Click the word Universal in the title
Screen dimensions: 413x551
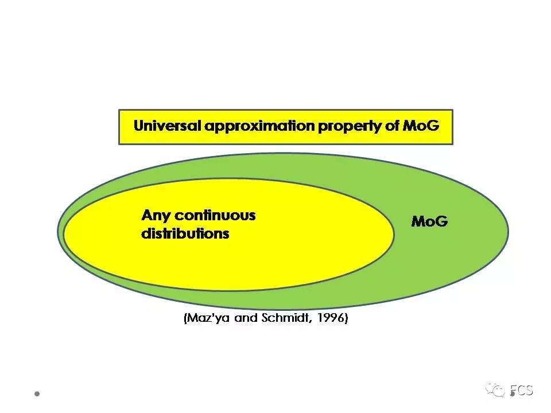(167, 126)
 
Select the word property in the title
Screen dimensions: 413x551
(346, 126)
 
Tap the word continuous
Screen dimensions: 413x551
(215, 216)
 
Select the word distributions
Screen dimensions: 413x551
(185, 233)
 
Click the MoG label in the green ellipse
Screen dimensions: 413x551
(429, 221)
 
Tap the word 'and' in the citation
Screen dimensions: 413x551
(240, 318)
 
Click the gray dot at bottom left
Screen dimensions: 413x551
(37, 394)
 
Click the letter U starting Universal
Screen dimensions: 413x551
(138, 126)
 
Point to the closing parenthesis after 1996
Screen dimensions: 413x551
(346, 318)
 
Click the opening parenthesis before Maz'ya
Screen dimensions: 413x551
(186, 318)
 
